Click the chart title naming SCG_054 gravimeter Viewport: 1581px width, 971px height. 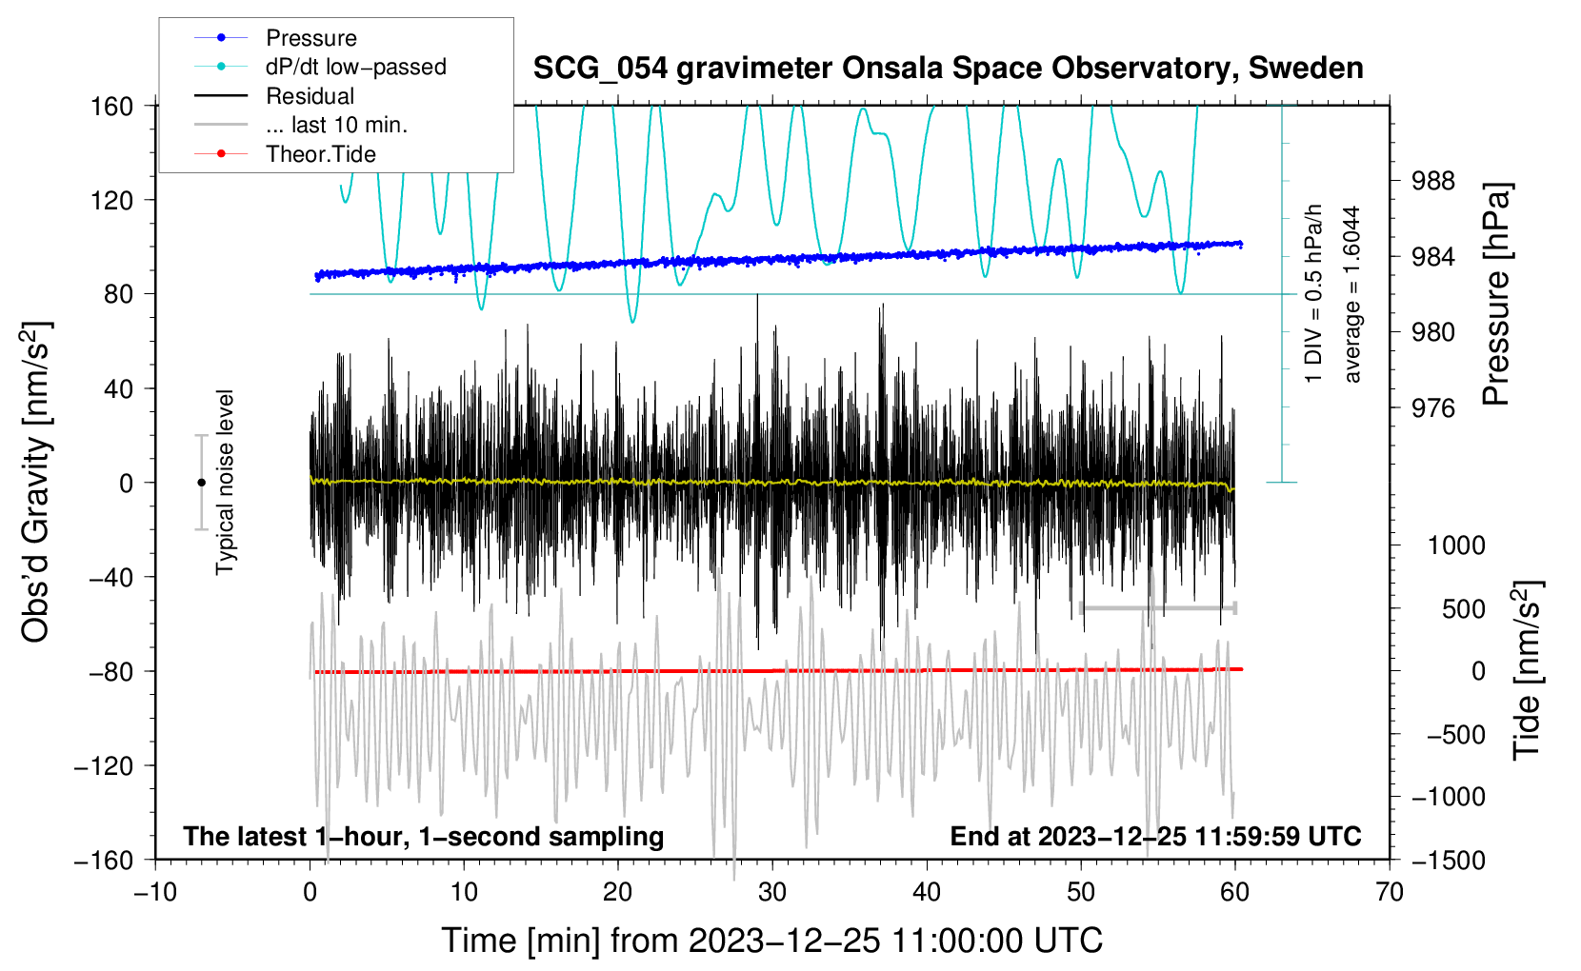[x=948, y=69]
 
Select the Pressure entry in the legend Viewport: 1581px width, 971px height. [x=310, y=38]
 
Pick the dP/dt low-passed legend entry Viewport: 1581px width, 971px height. [x=355, y=67]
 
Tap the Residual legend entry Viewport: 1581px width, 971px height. [x=310, y=96]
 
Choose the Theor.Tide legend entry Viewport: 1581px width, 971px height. [x=320, y=154]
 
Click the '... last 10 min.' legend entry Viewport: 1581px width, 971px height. [x=336, y=125]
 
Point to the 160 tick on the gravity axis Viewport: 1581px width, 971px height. [x=112, y=107]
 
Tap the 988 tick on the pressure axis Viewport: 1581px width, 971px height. [x=1432, y=181]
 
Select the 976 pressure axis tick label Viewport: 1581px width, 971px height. [x=1432, y=408]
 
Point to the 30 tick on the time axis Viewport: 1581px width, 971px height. [x=772, y=892]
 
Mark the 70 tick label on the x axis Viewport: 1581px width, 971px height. [x=1390, y=892]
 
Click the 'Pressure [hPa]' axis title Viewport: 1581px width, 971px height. [x=1496, y=295]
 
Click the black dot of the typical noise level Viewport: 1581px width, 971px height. [x=201, y=483]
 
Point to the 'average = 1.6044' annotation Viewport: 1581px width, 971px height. [x=1351, y=295]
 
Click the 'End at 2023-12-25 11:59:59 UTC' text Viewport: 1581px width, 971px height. [x=1155, y=836]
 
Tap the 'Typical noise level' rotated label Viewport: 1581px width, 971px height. [x=225, y=483]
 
